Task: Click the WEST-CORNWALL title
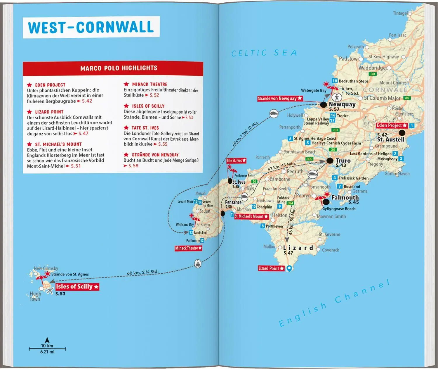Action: pos(91,27)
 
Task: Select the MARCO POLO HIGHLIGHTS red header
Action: pos(119,68)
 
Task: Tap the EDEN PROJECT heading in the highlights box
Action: pos(50,85)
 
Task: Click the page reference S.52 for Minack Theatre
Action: pos(154,95)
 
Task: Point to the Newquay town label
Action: pos(342,104)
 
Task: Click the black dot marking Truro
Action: pos(330,161)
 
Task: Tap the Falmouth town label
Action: pos(345,197)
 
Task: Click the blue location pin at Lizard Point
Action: pos(289,268)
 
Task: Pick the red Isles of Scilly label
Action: pos(77,287)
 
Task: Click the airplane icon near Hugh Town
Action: pos(50,290)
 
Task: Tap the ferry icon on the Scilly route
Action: pos(198,264)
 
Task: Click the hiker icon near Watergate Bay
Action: pos(337,97)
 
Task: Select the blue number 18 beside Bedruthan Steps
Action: pos(335,81)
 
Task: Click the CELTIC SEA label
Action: pos(264,53)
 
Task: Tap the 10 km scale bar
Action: pos(47,349)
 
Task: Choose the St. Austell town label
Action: pos(391,139)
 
